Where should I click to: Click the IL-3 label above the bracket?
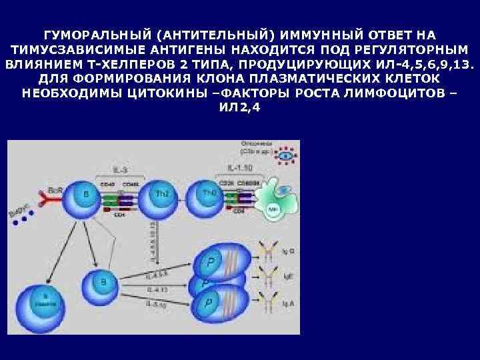pos(120,161)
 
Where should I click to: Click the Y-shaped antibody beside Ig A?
pos(269,304)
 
